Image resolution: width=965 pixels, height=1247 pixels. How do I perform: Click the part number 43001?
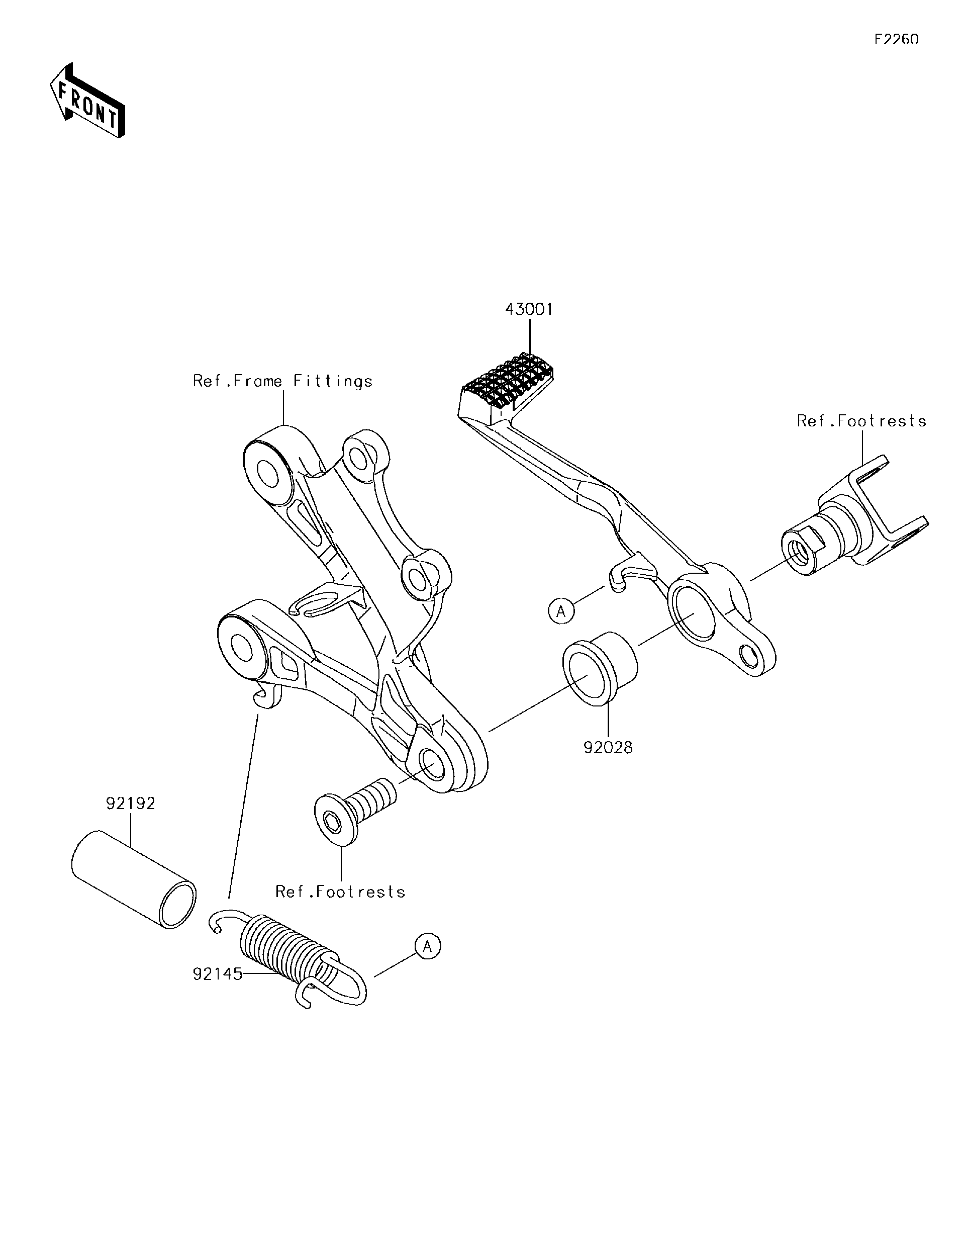pyautogui.click(x=529, y=309)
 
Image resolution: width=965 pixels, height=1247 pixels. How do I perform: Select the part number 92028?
pyautogui.click(x=608, y=747)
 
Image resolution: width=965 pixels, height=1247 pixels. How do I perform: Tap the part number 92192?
pyautogui.click(x=131, y=804)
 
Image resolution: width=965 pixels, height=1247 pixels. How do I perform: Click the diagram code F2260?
pyautogui.click(x=897, y=39)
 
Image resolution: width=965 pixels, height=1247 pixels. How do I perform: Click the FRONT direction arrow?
pyautogui.click(x=87, y=101)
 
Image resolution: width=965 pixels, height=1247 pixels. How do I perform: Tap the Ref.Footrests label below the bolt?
pyautogui.click(x=340, y=892)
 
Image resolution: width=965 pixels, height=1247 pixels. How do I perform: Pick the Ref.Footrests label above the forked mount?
pyautogui.click(x=861, y=421)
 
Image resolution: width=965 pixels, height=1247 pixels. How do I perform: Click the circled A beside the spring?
pyautogui.click(x=428, y=946)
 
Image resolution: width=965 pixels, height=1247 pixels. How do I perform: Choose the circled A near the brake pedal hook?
pyautogui.click(x=561, y=611)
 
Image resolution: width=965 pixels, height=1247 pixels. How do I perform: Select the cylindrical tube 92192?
pyautogui.click(x=134, y=880)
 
